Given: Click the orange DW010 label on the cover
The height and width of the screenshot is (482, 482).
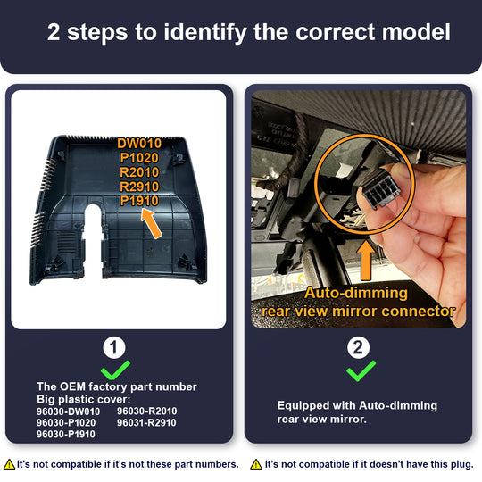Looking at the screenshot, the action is point(139,144).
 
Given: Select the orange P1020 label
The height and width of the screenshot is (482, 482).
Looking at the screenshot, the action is point(139,158).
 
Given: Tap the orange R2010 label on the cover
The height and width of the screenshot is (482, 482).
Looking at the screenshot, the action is point(139,172).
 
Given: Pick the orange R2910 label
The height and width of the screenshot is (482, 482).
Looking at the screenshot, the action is point(139,187).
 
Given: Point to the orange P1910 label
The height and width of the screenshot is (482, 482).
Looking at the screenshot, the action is point(139,201).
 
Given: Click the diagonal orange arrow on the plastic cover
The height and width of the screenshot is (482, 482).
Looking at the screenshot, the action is point(151,223).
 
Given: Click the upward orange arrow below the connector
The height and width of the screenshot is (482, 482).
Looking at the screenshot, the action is point(366,260).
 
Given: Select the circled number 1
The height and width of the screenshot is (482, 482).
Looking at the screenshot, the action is point(114,348).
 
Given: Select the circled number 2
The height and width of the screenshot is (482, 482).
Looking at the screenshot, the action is point(358,348).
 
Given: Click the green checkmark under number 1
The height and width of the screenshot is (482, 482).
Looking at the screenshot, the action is point(115,370).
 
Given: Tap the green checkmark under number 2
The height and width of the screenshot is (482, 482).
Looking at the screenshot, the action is point(361,370).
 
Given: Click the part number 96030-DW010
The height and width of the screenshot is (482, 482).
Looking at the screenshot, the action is point(68,411).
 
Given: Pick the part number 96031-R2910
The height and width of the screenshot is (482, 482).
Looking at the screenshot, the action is point(146,423).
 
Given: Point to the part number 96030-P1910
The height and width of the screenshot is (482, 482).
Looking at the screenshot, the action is point(66,434).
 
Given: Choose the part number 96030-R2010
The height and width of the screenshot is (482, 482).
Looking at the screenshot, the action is point(147,411).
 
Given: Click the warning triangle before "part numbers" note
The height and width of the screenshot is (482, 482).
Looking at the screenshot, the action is point(10,464).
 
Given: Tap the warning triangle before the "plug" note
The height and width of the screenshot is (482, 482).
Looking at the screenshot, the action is point(256,464).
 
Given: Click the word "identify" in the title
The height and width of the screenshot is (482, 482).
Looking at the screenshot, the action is point(205,33).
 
